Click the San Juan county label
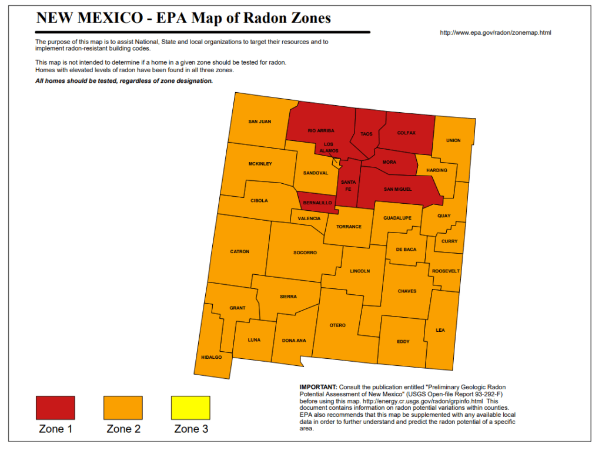(x=259, y=122)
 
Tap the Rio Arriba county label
(x=321, y=131)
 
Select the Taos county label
(x=366, y=134)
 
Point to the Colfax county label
(x=406, y=133)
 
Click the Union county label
(x=453, y=140)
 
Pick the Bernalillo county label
(x=315, y=203)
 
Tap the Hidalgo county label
(x=212, y=357)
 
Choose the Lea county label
(x=440, y=330)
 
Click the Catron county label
(x=239, y=251)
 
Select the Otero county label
(x=337, y=325)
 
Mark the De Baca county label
(x=406, y=250)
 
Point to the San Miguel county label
(x=398, y=189)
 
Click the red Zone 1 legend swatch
(x=55, y=408)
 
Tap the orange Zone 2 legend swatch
(x=123, y=408)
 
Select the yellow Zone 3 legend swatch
(x=190, y=408)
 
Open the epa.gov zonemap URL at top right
(x=496, y=32)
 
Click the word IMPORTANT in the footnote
(x=319, y=387)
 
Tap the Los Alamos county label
(x=329, y=147)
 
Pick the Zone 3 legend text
(x=191, y=429)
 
